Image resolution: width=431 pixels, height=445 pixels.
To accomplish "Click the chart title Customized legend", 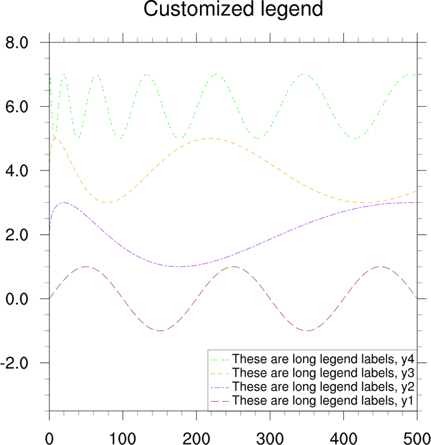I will pos(215,10).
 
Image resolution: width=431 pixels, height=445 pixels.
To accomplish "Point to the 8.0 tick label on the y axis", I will pos(17,43).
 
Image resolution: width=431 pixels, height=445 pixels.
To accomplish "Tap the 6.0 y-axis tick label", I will pos(17,107).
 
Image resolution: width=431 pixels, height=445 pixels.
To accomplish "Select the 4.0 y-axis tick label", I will pos(17,171).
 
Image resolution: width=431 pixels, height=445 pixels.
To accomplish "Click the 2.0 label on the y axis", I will pos(17,235).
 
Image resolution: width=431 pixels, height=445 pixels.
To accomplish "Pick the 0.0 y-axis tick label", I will pos(17,299).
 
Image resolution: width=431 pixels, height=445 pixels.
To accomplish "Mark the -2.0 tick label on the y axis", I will pos(15,363).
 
